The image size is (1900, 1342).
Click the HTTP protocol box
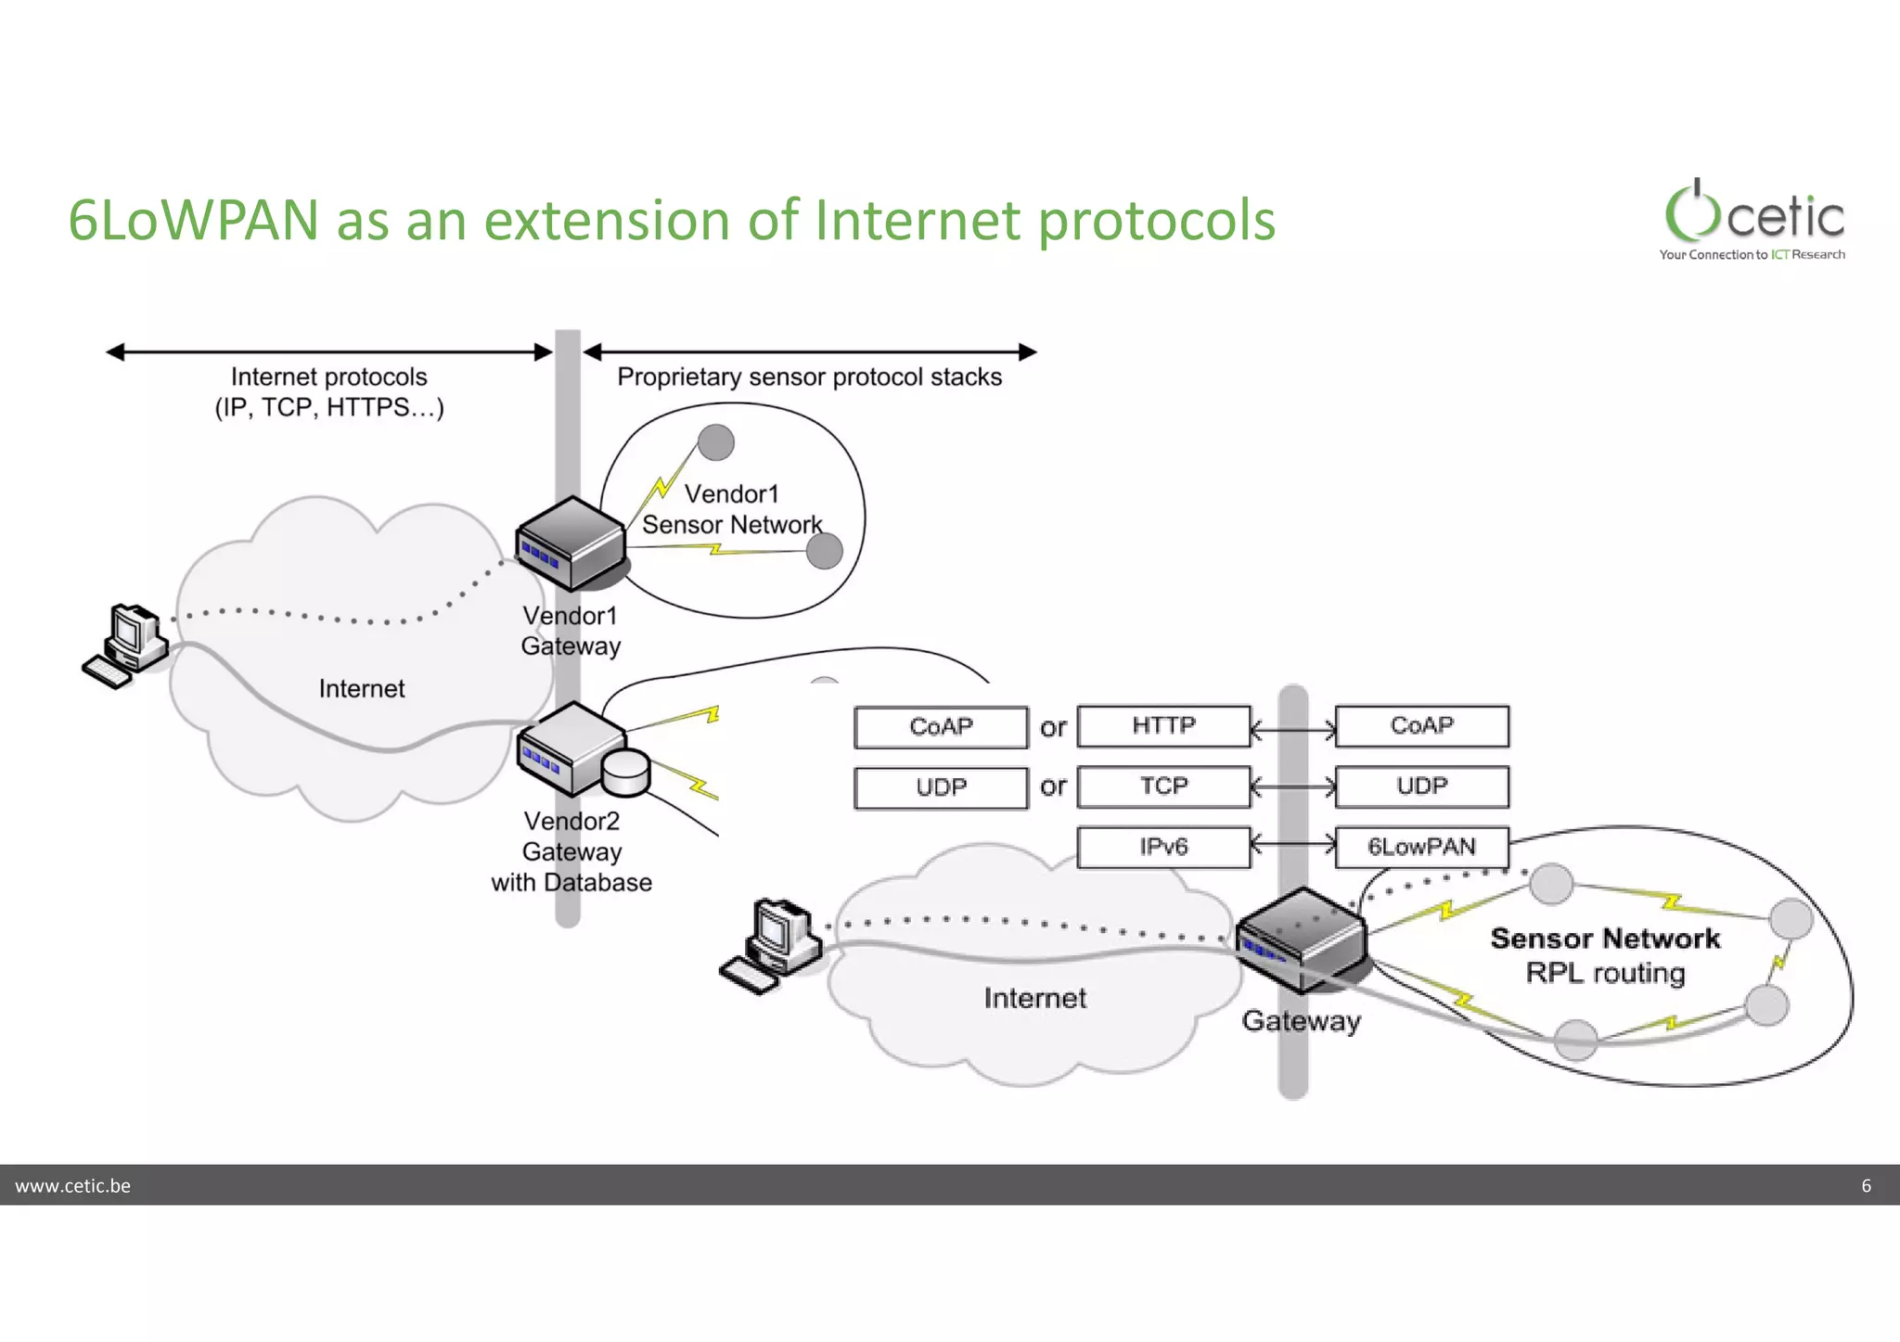[x=1163, y=726]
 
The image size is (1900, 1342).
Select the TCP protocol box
[x=1163, y=786]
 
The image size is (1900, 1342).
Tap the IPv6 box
[x=1163, y=847]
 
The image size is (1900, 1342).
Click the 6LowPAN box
[x=1421, y=847]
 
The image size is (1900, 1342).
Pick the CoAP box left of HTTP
[x=941, y=727]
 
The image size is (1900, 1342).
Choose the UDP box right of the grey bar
[x=1421, y=786]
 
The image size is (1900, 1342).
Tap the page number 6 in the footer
[x=1866, y=1185]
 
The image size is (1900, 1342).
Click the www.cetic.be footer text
[x=73, y=1185]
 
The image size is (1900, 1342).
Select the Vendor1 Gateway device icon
[x=570, y=543]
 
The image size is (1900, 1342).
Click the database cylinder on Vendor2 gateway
[x=625, y=773]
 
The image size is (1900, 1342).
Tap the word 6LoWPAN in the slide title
[x=193, y=221]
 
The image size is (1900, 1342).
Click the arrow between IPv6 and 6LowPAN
[x=1292, y=845]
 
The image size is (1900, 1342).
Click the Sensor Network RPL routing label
[x=1605, y=955]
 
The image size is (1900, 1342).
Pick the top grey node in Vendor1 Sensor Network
[x=715, y=442]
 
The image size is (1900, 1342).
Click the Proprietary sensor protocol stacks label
[x=809, y=377]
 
